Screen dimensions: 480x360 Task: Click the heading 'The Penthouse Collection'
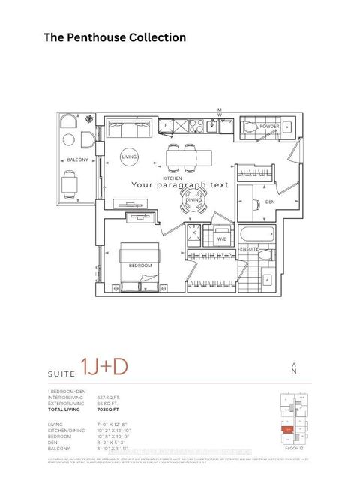point(115,37)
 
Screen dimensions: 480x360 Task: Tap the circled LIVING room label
point(130,157)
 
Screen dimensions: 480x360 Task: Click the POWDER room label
point(270,127)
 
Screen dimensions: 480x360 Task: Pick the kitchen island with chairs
point(184,157)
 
